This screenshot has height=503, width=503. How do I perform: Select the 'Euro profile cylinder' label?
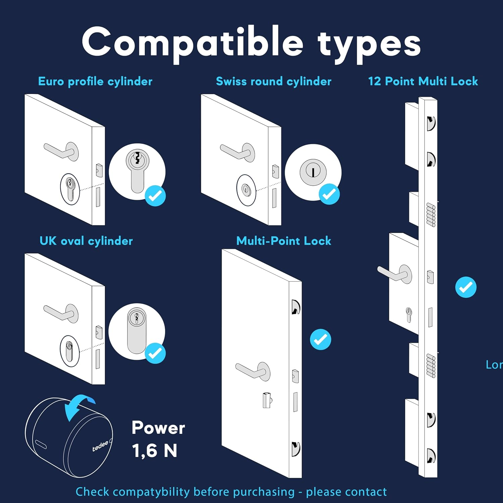(95, 81)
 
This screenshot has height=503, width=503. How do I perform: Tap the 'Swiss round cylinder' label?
(273, 81)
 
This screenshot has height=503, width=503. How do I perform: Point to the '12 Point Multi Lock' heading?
(423, 81)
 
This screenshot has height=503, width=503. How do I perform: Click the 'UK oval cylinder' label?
(86, 241)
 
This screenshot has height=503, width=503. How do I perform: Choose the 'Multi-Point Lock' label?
(284, 241)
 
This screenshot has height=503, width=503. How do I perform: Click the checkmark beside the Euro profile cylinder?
(155, 195)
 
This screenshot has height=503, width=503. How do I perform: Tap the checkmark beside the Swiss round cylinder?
(329, 194)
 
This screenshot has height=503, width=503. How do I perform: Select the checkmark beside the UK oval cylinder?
(155, 353)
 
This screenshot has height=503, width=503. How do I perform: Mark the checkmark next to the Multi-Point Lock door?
(320, 339)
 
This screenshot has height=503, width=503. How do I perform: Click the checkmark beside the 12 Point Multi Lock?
(466, 287)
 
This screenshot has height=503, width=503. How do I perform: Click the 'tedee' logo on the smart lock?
(100, 446)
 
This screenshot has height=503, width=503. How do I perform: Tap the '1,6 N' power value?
(155, 451)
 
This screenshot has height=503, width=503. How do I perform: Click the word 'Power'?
(158, 428)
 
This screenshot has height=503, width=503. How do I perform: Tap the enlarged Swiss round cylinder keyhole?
(313, 172)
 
